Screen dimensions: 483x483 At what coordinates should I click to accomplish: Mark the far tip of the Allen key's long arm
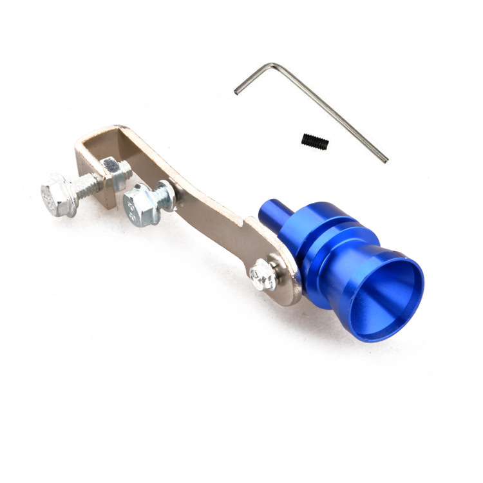(386, 159)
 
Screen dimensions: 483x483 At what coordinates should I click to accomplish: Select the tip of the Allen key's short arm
(236, 92)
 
